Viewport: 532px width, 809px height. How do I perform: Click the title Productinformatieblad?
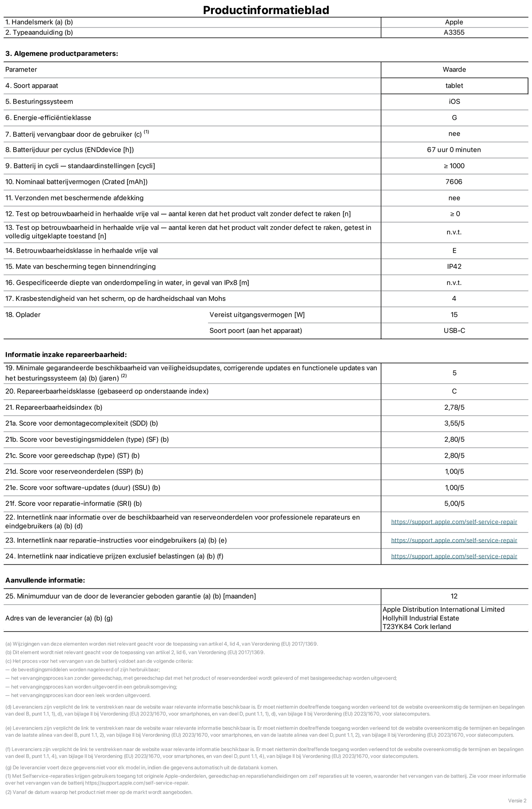click(266, 10)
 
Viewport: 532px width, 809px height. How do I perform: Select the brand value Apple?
click(454, 22)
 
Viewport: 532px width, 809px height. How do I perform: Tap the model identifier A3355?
click(454, 32)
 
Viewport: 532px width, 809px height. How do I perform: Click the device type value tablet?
click(454, 86)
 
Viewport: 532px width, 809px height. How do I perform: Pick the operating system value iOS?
click(454, 102)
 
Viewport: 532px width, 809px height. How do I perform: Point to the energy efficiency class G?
click(454, 118)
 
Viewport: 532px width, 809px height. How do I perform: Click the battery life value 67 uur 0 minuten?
click(454, 150)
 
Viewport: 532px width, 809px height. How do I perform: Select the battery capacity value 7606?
click(454, 182)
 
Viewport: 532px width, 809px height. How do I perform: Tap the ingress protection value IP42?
click(454, 267)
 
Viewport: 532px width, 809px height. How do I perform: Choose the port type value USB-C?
click(454, 331)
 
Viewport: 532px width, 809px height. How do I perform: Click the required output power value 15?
click(454, 315)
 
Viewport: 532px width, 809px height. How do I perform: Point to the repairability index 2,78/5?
click(454, 408)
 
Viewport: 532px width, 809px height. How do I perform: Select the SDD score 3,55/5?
click(454, 424)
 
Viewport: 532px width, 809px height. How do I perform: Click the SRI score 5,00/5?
click(454, 504)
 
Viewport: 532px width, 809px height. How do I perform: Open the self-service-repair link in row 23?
click(454, 541)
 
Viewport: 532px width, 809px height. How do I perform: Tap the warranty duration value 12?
click(454, 596)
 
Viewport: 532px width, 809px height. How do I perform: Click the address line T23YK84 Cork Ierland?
click(417, 627)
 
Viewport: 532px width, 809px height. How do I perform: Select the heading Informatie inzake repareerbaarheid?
click(66, 355)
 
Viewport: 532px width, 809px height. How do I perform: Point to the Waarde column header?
click(454, 70)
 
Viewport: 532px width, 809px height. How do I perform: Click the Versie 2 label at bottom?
click(517, 801)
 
